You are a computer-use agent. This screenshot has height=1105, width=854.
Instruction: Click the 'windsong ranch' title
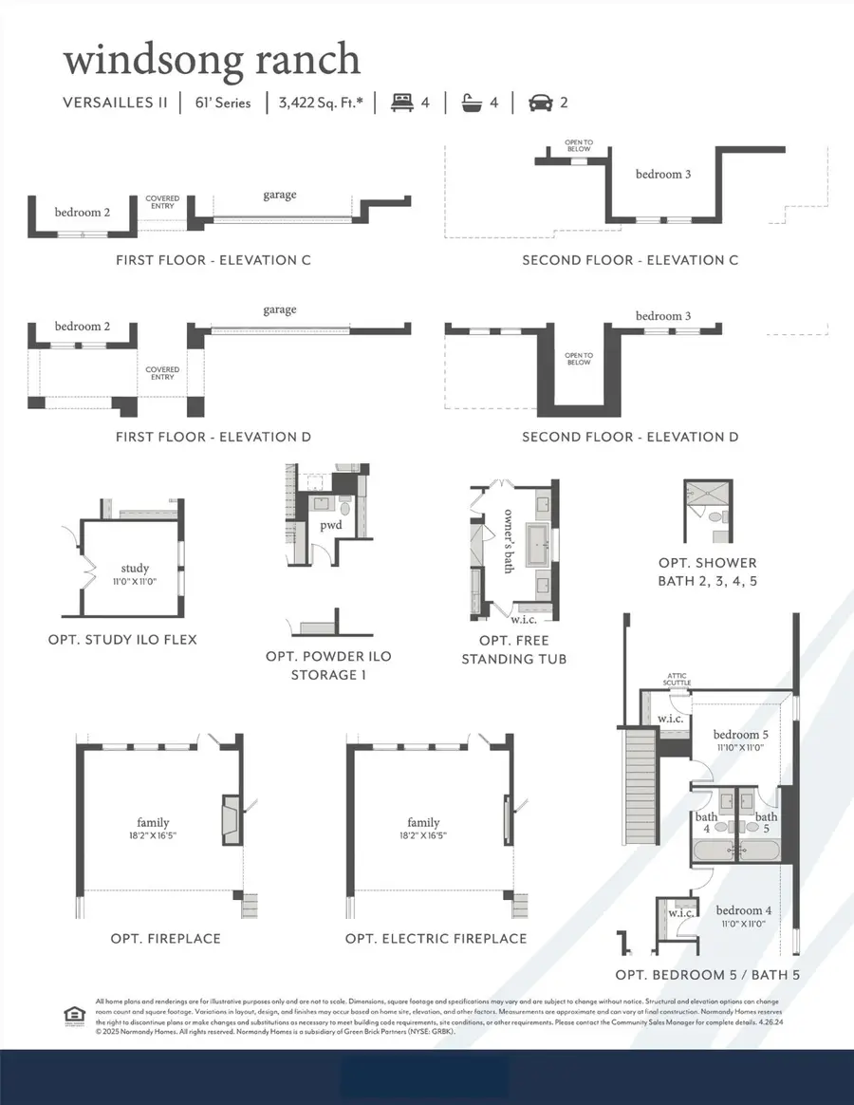pyautogui.click(x=212, y=60)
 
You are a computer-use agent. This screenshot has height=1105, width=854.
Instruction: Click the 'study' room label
pyautogui.click(x=135, y=569)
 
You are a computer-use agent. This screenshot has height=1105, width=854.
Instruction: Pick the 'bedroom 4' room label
pyautogui.click(x=744, y=909)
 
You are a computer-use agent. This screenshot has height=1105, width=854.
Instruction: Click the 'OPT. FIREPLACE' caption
pyautogui.click(x=166, y=939)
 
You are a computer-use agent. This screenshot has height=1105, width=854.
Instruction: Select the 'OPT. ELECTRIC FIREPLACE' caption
pyautogui.click(x=436, y=939)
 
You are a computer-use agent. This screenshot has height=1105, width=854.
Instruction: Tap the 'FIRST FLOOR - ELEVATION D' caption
pyautogui.click(x=213, y=437)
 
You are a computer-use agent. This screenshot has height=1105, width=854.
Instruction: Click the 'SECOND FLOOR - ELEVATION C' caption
pyautogui.click(x=630, y=260)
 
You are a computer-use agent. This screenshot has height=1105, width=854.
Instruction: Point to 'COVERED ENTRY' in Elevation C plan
pyautogui.click(x=162, y=203)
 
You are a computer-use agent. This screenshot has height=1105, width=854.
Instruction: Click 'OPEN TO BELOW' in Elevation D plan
pyautogui.click(x=578, y=358)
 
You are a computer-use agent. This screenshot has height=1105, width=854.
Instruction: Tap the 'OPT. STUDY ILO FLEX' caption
pyautogui.click(x=122, y=640)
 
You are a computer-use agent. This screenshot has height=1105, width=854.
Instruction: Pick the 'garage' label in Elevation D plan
pyautogui.click(x=279, y=309)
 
